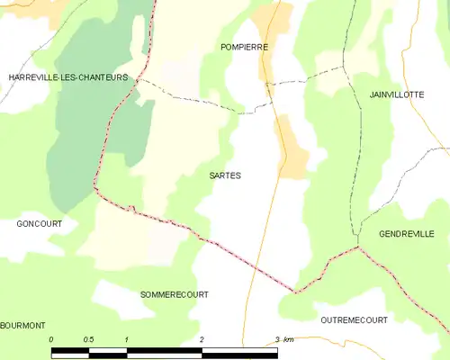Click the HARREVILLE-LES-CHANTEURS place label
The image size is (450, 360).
click(x=67, y=78)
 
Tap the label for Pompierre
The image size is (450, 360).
click(x=244, y=46)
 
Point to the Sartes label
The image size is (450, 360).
click(x=225, y=176)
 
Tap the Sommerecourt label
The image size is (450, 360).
click(x=175, y=294)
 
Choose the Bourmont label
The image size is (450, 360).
click(x=23, y=325)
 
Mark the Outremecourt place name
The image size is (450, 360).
click(x=354, y=319)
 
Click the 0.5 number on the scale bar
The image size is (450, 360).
click(x=88, y=339)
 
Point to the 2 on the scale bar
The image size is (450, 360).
click(x=202, y=339)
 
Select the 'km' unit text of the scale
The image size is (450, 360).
click(x=288, y=339)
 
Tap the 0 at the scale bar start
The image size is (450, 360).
click(x=52, y=339)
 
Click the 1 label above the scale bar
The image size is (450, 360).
click(x=127, y=339)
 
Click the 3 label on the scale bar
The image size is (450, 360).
click(x=275, y=339)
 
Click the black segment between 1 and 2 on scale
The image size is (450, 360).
click(x=164, y=350)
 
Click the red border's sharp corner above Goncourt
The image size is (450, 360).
click(x=94, y=187)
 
